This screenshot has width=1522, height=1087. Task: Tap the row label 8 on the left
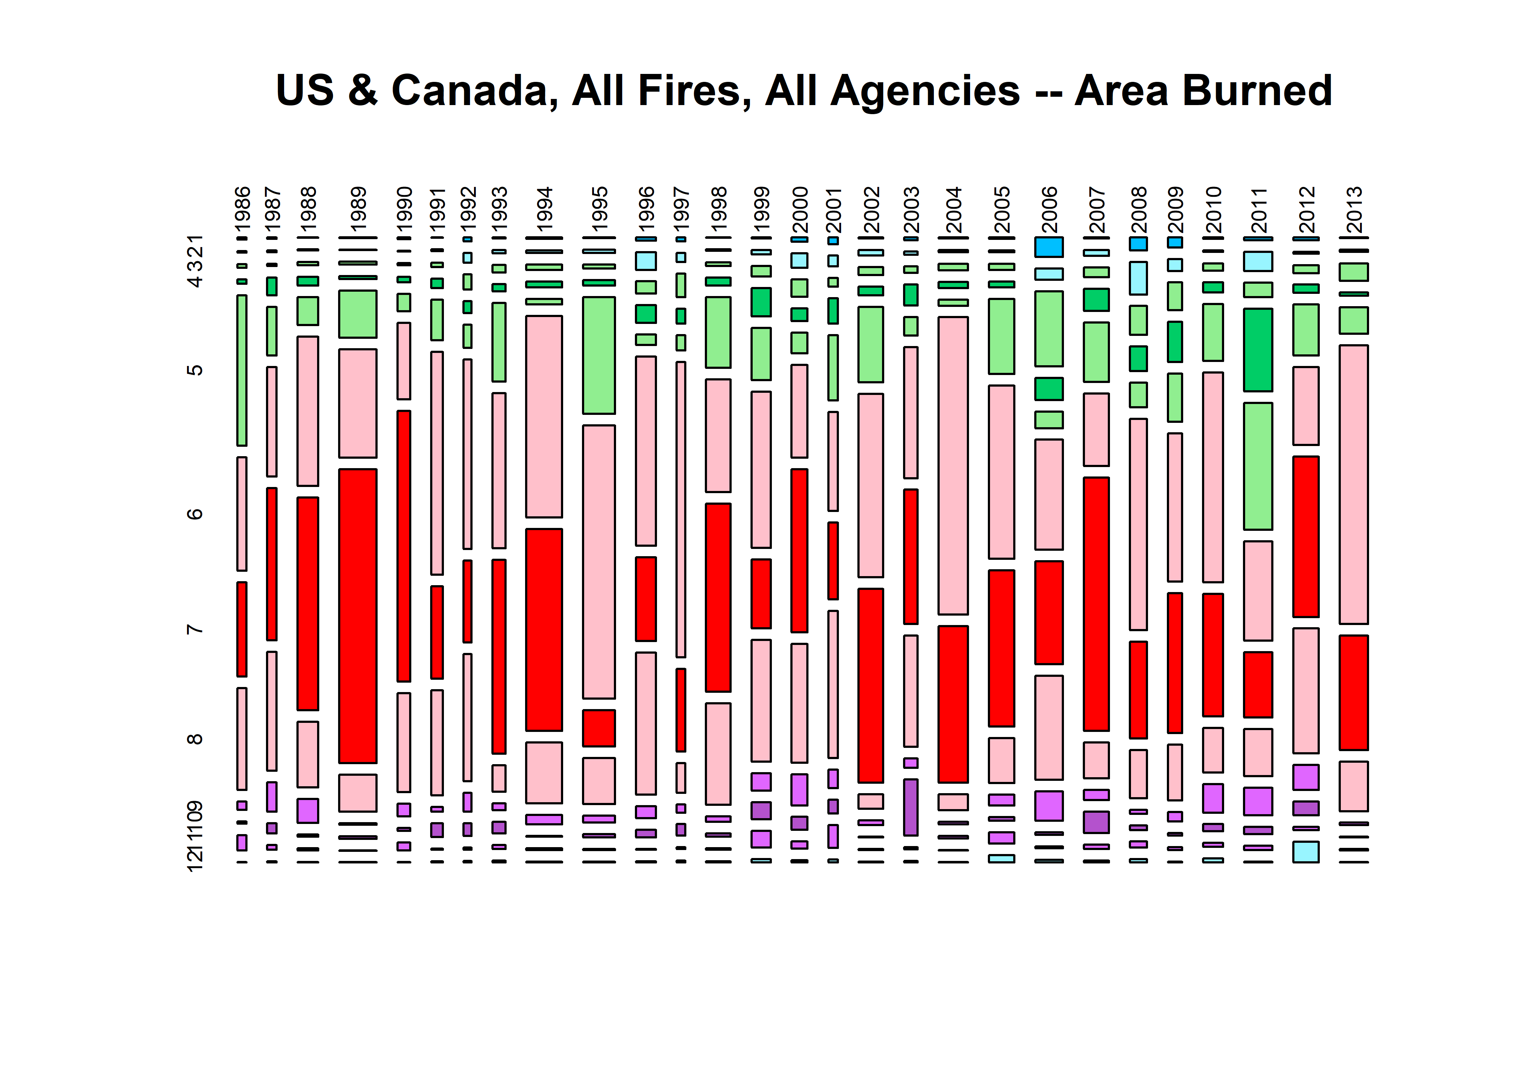[x=194, y=739]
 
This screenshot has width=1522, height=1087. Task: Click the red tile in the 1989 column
[x=358, y=616]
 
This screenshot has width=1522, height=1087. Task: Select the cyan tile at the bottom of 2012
[x=1306, y=851]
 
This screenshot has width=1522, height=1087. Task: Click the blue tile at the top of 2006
[x=1049, y=246]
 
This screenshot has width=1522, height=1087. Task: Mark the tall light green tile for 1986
[x=242, y=370]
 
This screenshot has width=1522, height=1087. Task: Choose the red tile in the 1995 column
[x=598, y=728]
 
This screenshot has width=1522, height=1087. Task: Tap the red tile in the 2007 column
[x=1096, y=604]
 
